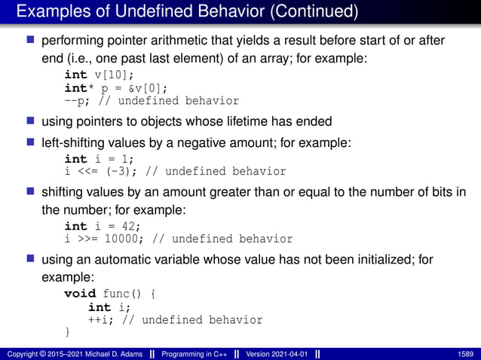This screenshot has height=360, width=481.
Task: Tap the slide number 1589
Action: [464, 353]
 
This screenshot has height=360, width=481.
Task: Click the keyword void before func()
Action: [80, 293]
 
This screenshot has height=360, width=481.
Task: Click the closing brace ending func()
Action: [68, 332]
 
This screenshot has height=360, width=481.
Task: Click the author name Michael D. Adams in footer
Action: [109, 353]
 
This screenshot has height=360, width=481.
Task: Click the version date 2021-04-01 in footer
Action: [287, 353]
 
